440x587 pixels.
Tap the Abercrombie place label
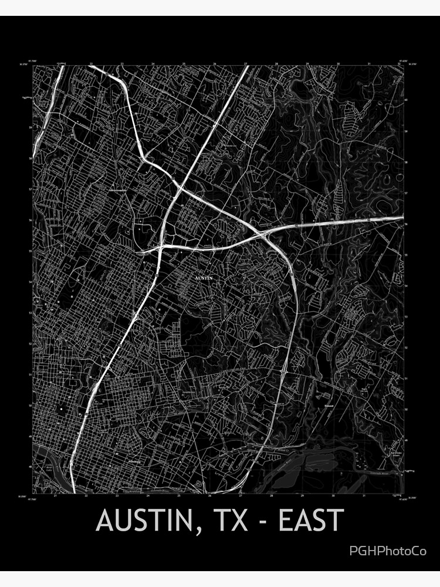pyautogui.click(x=117, y=191)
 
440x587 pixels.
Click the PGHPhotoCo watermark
pyautogui.click(x=388, y=551)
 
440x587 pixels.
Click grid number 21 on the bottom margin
pyautogui.click(x=55, y=496)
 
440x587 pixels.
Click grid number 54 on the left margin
pyautogui.click(x=30, y=282)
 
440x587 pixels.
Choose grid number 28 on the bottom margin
pyautogui.click(x=271, y=496)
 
